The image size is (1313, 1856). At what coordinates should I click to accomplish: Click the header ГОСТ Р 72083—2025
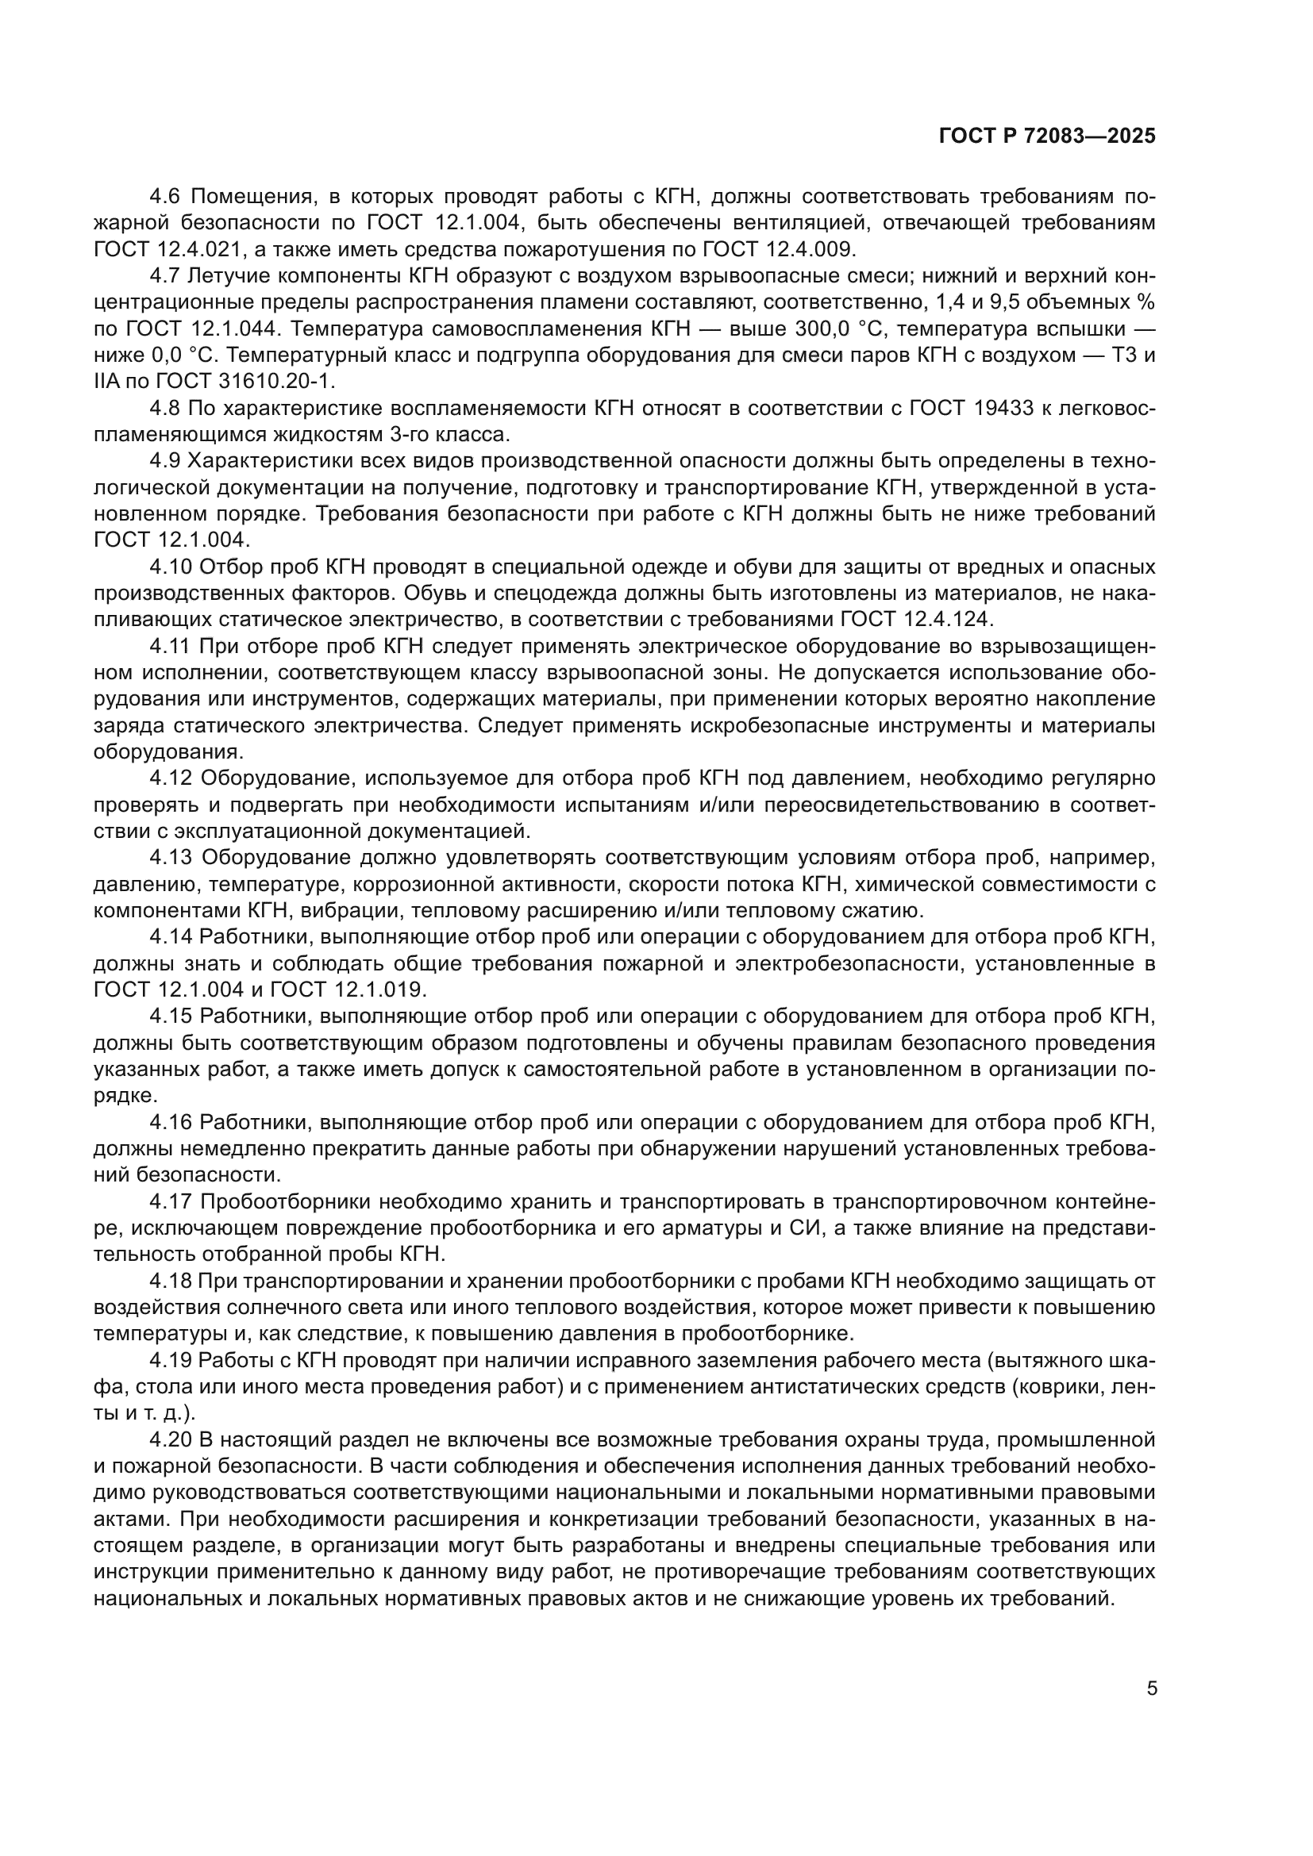coord(1047,136)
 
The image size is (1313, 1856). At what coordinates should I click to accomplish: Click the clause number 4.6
coord(167,197)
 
